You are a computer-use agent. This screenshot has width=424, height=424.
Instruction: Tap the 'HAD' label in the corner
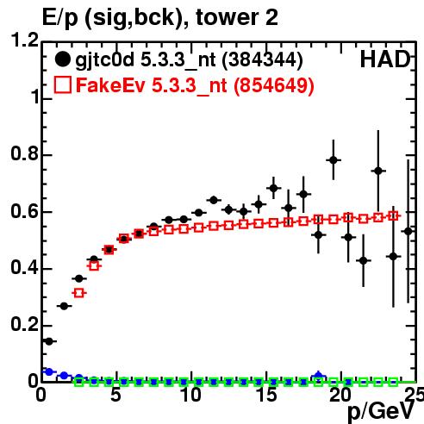[385, 59]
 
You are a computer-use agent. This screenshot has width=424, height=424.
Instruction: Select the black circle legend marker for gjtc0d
[62, 59]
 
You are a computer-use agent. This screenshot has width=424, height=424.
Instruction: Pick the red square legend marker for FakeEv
[62, 85]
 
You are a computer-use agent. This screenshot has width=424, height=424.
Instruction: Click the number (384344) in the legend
[262, 60]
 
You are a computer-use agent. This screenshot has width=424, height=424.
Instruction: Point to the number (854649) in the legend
[273, 85]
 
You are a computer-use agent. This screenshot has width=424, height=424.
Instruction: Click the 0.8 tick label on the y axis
[24, 153]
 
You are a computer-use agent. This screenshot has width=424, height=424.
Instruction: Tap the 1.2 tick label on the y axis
[24, 40]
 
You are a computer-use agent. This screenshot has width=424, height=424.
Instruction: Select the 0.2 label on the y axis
[24, 324]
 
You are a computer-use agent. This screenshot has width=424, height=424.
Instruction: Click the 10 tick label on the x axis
[191, 395]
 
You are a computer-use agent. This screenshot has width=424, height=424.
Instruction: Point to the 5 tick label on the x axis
[115, 395]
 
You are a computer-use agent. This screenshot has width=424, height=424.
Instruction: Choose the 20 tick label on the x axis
[340, 395]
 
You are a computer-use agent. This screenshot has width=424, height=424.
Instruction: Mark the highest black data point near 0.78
[334, 160]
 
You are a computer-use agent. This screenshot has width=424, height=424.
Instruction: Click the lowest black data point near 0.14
[49, 341]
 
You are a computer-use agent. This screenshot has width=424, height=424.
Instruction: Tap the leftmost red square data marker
[79, 293]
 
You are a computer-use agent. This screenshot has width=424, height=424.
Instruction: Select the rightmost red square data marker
[393, 216]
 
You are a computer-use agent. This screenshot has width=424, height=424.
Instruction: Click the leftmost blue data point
[49, 371]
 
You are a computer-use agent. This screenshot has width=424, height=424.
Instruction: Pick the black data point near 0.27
[64, 306]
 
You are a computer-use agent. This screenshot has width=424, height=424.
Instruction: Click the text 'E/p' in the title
[60, 18]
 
